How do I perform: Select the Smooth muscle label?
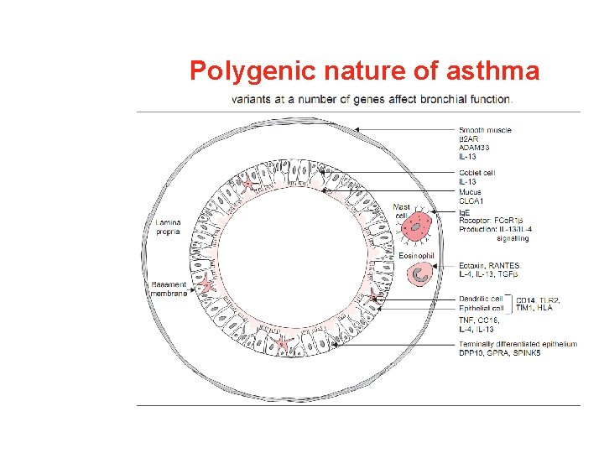(485, 130)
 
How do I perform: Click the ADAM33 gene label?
(474, 148)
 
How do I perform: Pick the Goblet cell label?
(476, 174)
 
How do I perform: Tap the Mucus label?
(470, 192)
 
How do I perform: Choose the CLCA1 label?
(471, 201)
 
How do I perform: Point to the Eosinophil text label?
(417, 255)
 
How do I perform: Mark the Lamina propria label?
(169, 226)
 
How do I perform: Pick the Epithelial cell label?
(481, 308)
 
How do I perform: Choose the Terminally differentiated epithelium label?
(518, 344)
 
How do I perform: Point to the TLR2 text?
(549, 299)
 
